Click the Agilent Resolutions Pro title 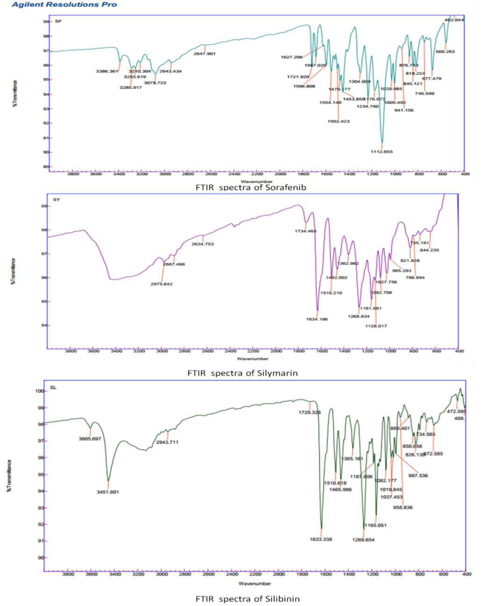tap(64, 5)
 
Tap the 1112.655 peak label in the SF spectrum tap(381, 152)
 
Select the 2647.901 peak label tap(204, 54)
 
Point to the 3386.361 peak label tap(107, 71)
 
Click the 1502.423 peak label tap(338, 121)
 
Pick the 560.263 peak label tap(445, 52)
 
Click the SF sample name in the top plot tap(58, 21)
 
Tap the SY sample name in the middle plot tap(56, 200)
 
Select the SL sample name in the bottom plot tap(53, 388)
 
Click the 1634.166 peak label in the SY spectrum tap(317, 320)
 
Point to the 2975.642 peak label tap(161, 284)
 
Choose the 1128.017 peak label tap(376, 326)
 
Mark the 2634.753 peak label tap(202, 244)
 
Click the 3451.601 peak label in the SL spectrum tap(108, 492)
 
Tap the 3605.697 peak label tap(90, 439)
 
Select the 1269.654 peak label tap(363, 540)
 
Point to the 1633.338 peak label tap(321, 540)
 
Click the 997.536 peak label tap(418, 476)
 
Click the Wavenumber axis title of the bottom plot tap(254, 584)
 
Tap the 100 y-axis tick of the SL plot tap(39, 391)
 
